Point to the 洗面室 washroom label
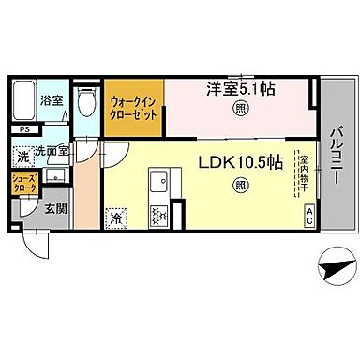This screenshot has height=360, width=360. (52, 150)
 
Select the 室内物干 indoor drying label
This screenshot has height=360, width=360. (303, 174)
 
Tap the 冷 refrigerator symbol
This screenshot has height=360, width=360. (115, 217)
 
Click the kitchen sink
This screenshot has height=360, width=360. (157, 176)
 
